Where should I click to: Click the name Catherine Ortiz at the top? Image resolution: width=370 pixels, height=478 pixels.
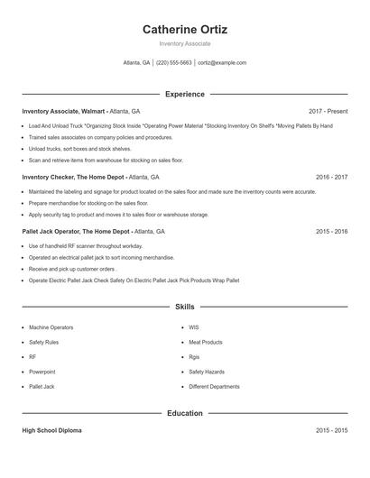[185, 29]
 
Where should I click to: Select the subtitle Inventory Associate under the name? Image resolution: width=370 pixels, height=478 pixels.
[185, 43]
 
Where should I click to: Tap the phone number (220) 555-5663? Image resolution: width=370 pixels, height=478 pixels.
[174, 63]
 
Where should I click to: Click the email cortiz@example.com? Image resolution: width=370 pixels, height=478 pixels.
[222, 63]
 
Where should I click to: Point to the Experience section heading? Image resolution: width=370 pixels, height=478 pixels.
[185, 94]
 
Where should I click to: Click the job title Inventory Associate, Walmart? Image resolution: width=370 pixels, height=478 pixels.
[63, 111]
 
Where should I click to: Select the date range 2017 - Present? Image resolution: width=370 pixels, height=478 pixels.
[328, 111]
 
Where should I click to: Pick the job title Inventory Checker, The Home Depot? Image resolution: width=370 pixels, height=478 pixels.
[72, 177]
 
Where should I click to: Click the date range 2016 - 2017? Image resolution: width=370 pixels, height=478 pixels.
[331, 177]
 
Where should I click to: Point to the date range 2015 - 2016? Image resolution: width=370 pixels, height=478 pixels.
[331, 231]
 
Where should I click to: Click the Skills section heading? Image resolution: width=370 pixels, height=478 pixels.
[185, 308]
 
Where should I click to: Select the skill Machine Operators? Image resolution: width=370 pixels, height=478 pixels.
[51, 327]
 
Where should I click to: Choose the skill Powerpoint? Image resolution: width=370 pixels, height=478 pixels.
[42, 372]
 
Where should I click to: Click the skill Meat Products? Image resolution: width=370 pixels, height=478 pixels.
[206, 343]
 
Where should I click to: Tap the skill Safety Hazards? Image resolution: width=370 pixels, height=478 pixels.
[207, 372]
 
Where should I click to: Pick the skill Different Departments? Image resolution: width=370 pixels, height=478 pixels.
[214, 387]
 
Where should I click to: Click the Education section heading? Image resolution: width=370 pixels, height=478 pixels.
[185, 413]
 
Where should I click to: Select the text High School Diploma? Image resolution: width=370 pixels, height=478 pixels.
[51, 431]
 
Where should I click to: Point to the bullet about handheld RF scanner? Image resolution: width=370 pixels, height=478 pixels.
[86, 246]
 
